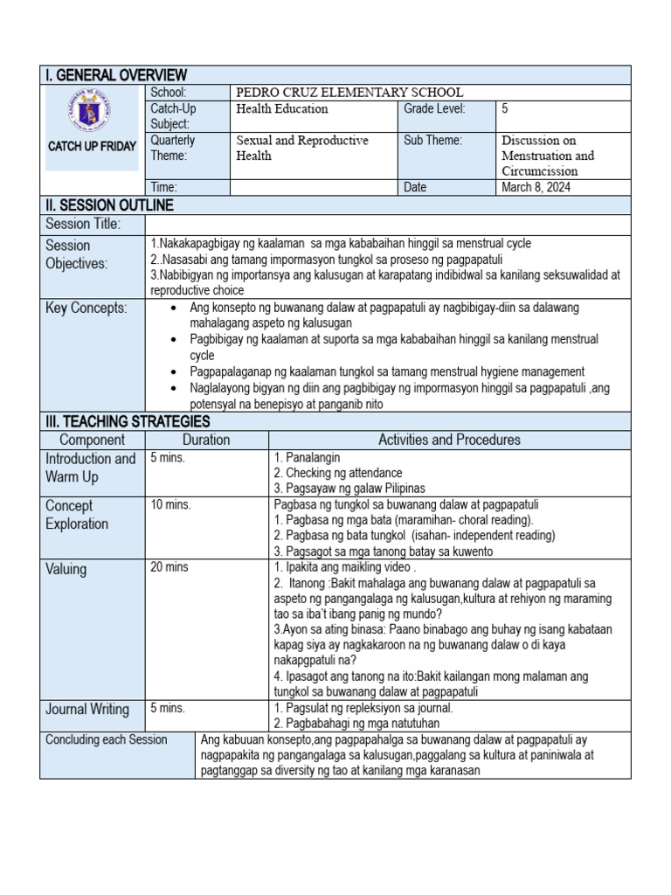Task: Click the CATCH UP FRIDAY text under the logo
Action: pyautogui.click(x=93, y=146)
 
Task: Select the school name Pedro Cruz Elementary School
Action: pyautogui.click(x=349, y=93)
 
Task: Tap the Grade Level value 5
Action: pyautogui.click(x=506, y=109)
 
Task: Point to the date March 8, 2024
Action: pyautogui.click(x=534, y=187)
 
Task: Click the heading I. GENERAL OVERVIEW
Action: pyautogui.click(x=116, y=75)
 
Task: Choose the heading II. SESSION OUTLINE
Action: pyautogui.click(x=110, y=205)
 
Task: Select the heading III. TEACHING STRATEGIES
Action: pyautogui.click(x=128, y=421)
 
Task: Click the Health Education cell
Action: pyautogui.click(x=282, y=109)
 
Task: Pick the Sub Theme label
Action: pyautogui.click(x=432, y=141)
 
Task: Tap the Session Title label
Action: pyautogui.click(x=83, y=225)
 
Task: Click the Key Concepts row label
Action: pyautogui.click(x=86, y=309)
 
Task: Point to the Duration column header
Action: pyautogui.click(x=206, y=440)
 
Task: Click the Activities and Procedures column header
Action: pyautogui.click(x=449, y=440)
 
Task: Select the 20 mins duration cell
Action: pyautogui.click(x=169, y=567)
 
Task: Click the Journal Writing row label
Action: pyautogui.click(x=87, y=709)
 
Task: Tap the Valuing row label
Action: pyautogui.click(x=66, y=569)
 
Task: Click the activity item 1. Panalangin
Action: pyautogui.click(x=308, y=457)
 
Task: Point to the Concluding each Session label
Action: pyautogui.click(x=107, y=739)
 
